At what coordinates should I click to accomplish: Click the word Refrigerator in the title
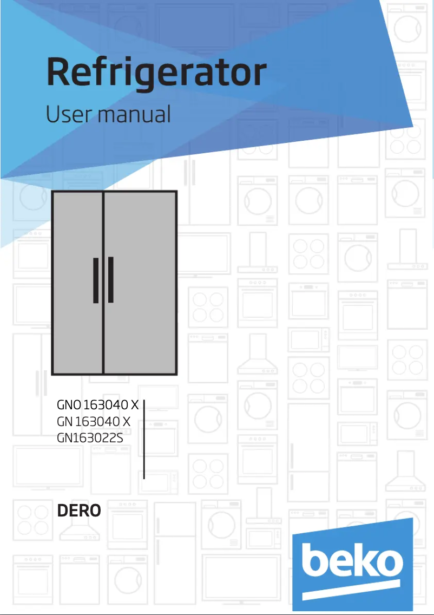[156, 74]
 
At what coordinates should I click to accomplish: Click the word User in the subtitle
[63, 115]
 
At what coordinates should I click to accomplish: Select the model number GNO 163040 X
[98, 405]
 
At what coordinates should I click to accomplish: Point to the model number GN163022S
[90, 437]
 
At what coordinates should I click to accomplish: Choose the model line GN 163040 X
[94, 421]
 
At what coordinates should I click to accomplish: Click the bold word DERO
[78, 511]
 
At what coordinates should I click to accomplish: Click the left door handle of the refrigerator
[96, 280]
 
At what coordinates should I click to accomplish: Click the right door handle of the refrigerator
[111, 280]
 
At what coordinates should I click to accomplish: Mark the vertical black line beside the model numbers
[144, 440]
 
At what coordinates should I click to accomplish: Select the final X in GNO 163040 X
[135, 405]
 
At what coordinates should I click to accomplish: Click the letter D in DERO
[62, 511]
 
